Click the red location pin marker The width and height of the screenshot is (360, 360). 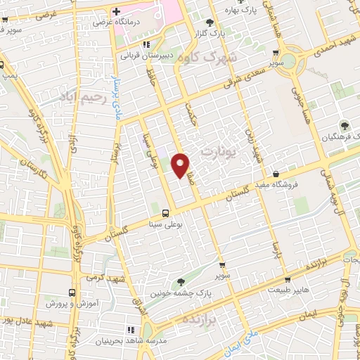(x=181, y=165)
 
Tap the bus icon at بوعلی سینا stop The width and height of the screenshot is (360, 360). (x=165, y=213)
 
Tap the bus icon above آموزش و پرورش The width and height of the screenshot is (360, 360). (x=71, y=292)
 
